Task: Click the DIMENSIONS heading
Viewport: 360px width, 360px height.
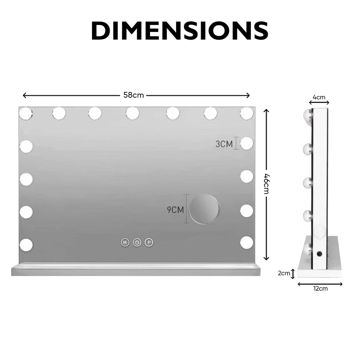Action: click(180, 31)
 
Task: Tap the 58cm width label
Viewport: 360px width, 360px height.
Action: click(133, 95)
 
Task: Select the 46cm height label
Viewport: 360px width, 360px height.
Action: click(266, 184)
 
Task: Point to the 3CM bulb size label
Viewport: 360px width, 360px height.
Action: click(224, 144)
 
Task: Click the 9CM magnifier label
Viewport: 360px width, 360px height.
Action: click(175, 210)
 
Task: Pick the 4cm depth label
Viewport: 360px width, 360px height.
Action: click(319, 97)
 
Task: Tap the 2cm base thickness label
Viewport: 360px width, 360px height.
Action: click(284, 273)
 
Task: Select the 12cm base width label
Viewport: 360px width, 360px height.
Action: click(321, 289)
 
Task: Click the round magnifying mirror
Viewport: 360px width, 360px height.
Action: click(204, 209)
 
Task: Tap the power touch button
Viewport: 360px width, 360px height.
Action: click(137, 242)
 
